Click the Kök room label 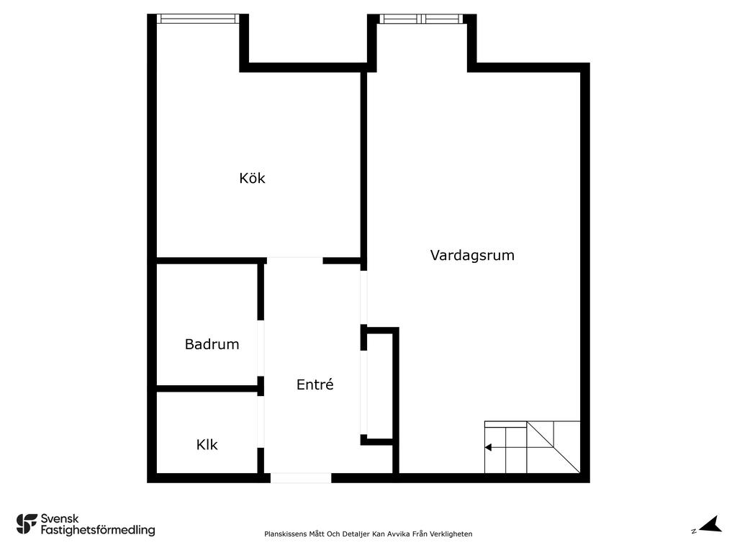coord(252,179)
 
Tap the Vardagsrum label coord(472,256)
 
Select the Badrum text coord(212,344)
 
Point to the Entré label coord(315,385)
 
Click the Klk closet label coord(207,444)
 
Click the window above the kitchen coord(198,18)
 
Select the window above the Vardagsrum coord(422,19)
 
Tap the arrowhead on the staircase coord(489,447)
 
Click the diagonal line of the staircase coord(553,446)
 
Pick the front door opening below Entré coord(301,478)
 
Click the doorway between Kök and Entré coord(294,260)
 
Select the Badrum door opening coord(261,348)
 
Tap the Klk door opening coord(261,422)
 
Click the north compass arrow coord(710,524)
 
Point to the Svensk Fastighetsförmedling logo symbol coord(27,524)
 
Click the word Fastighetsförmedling coord(98,530)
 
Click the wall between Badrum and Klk coord(207,388)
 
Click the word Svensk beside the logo coord(60,518)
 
